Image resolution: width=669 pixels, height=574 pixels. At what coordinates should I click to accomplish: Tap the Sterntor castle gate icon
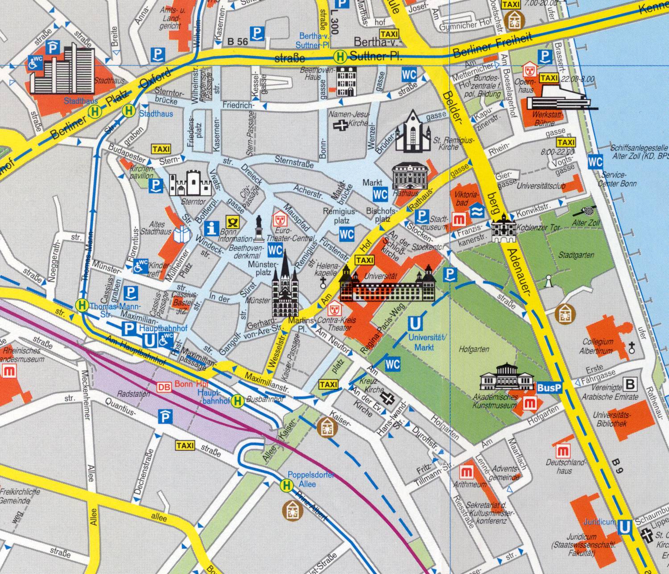tap(190, 182)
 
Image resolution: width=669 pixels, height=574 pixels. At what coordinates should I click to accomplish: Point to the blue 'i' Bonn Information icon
tap(211, 228)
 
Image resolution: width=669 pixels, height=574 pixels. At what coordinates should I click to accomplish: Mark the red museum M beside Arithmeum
tap(467, 472)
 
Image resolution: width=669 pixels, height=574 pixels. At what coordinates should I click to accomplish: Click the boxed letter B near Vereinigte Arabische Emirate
tap(630, 384)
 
